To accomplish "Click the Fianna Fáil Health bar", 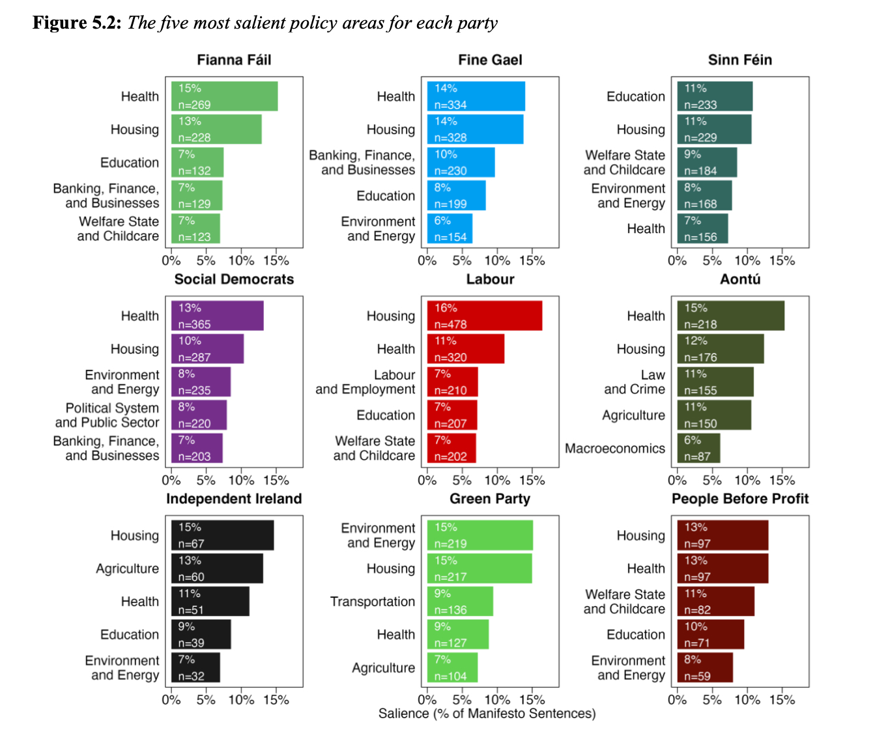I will click(x=225, y=96).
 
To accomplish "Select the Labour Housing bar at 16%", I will click(x=485, y=316).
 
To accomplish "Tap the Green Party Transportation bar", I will click(x=460, y=602).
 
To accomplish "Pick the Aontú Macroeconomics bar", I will click(x=698, y=448).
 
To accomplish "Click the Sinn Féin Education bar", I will click(x=715, y=96).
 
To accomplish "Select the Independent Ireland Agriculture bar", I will click(x=217, y=568).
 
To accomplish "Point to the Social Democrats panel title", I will click(x=234, y=279).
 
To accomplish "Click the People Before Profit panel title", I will click(x=740, y=499).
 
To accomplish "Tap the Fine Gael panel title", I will click(x=490, y=60).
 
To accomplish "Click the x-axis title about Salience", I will click(x=487, y=714).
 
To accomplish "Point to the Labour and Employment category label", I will click(x=365, y=382).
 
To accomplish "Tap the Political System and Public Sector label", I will click(x=107, y=415).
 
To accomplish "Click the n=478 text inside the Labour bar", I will click(x=450, y=324).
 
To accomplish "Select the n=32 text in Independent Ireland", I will click(x=191, y=677).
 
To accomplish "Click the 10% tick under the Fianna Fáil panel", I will click(x=241, y=261).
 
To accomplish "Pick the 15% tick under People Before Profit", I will click(x=782, y=700).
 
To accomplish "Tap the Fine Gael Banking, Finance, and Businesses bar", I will click(x=461, y=162).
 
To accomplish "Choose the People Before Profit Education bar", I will click(x=710, y=634).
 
